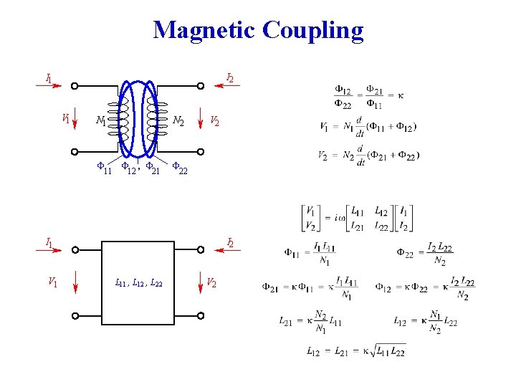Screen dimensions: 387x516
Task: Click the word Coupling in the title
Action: [313, 31]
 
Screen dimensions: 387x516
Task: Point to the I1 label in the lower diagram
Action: [49, 242]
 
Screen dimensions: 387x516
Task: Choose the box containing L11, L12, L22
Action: [139, 282]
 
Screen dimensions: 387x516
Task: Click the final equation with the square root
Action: [355, 351]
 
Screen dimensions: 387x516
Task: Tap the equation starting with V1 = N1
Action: [368, 126]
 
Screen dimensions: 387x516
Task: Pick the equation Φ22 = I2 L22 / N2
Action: [425, 254]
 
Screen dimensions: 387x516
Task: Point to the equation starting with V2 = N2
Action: [368, 156]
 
